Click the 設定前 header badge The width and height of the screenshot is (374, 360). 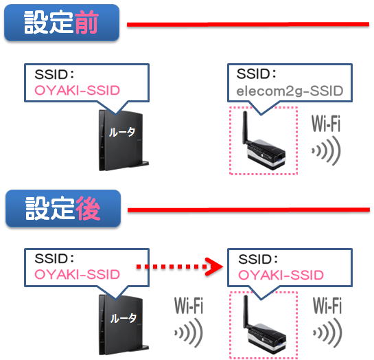point(62,23)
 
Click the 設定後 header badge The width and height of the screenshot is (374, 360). point(63,208)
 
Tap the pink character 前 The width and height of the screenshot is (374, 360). point(86,22)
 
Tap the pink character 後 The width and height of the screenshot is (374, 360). point(88,208)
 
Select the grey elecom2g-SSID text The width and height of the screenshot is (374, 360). point(290,91)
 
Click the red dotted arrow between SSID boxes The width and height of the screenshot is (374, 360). point(179,267)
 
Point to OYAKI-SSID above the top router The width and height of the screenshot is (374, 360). point(77,90)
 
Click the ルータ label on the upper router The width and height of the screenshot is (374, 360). point(122,132)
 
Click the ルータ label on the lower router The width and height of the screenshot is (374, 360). point(123,318)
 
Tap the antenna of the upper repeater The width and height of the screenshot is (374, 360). point(245,127)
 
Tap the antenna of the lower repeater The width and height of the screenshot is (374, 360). point(246,311)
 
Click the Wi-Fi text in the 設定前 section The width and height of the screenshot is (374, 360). point(326,123)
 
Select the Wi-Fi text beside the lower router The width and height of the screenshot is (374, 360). point(189,305)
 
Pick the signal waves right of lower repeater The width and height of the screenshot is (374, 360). point(327,333)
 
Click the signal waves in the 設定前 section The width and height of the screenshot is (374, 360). point(326,151)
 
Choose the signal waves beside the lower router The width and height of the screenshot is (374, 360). point(189,333)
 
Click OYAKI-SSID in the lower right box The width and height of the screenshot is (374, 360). point(281,275)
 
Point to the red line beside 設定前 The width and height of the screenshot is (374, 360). point(248,24)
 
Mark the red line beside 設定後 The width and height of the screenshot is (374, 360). point(249,210)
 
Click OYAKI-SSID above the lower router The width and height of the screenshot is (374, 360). point(77,274)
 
